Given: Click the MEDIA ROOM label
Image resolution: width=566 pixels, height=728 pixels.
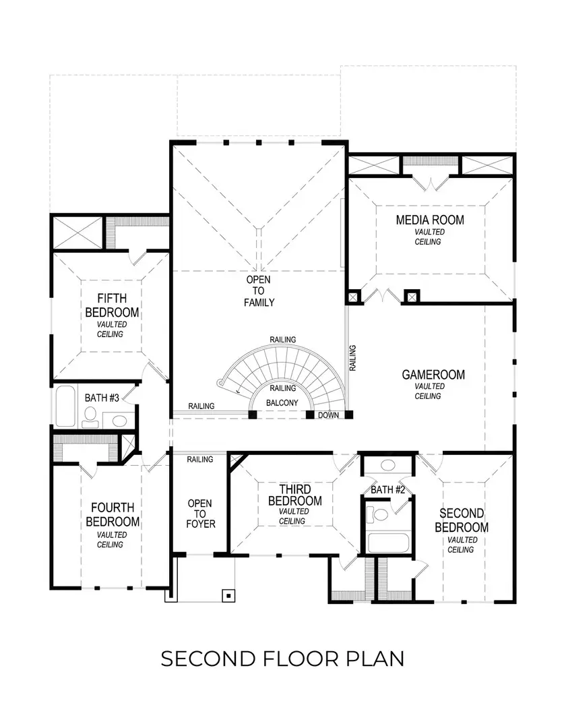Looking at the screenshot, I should click(430, 220).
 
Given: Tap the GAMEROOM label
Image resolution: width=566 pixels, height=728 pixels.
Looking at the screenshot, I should click(433, 375).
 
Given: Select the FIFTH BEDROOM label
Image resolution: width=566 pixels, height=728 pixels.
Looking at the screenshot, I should click(112, 305).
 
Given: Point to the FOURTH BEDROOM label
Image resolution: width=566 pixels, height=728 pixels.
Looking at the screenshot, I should click(113, 514).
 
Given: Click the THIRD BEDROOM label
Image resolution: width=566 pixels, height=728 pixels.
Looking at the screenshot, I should click(294, 495).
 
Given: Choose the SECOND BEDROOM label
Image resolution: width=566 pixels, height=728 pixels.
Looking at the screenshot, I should click(462, 520).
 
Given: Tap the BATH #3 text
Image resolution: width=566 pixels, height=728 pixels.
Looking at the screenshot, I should click(102, 398).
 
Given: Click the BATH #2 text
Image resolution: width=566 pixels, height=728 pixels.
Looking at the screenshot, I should click(387, 489).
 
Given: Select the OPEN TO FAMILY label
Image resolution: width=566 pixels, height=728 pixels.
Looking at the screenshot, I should click(259, 291).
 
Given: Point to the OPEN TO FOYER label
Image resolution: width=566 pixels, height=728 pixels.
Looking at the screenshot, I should click(200, 514).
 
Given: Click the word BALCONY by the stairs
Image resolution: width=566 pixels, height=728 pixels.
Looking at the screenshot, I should click(282, 402).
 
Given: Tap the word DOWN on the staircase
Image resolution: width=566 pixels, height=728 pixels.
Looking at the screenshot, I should click(328, 415).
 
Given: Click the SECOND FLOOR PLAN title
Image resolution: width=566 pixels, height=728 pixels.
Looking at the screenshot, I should click(282, 658).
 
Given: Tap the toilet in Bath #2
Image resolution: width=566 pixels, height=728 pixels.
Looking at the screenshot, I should click(379, 516).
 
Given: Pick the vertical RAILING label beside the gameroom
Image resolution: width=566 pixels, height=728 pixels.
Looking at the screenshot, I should click(352, 358).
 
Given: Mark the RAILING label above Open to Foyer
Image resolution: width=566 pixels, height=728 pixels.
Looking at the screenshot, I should click(199, 459).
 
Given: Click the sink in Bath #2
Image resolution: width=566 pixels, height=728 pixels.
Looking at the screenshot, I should click(388, 465).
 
